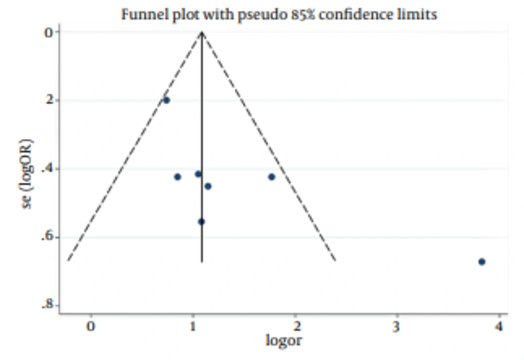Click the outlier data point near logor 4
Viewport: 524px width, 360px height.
(482, 261)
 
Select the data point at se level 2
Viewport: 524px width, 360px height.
(166, 100)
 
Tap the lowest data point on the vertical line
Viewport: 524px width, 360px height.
(201, 222)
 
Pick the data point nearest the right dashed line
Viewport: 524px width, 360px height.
(271, 177)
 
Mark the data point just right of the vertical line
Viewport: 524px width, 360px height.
(208, 186)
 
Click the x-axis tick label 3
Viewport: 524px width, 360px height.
(397, 326)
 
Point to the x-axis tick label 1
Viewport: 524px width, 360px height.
(193, 326)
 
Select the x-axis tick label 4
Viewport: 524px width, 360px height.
(499, 326)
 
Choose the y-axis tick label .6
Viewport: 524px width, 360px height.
(49, 237)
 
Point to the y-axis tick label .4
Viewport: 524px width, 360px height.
(49, 169)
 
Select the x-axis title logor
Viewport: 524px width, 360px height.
(283, 341)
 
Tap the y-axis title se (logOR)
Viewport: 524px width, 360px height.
(27, 173)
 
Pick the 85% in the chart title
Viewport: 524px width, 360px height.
(299, 14)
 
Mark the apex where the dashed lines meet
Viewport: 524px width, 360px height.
(202, 32)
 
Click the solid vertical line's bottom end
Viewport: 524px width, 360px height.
(202, 261)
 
